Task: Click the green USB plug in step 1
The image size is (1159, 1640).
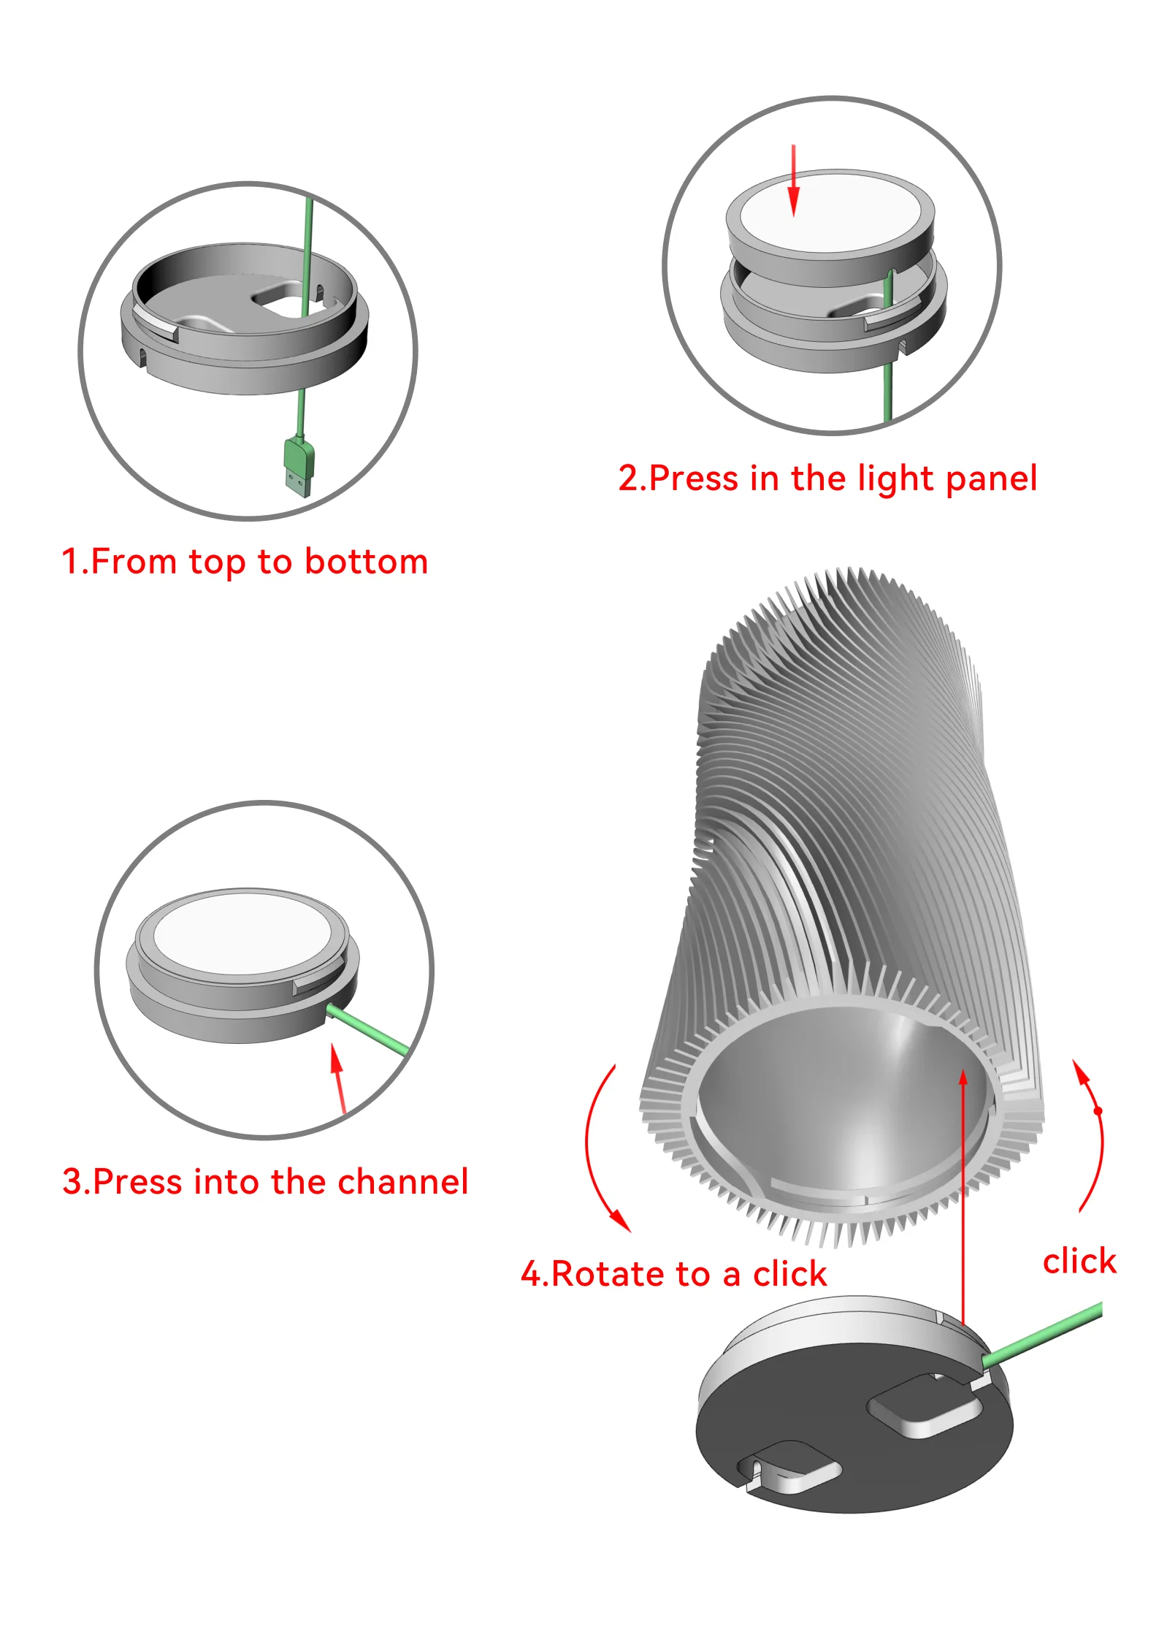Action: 299,466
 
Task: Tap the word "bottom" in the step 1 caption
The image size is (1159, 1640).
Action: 366,562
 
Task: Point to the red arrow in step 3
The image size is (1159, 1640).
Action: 338,1078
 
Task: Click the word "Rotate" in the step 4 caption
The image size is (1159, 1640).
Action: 608,1274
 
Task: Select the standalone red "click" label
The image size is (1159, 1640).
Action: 1079,1261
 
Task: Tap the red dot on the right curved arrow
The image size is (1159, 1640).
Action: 1098,1111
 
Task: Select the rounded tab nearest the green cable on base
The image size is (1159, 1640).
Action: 925,1406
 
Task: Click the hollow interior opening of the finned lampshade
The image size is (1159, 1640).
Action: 840,1103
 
